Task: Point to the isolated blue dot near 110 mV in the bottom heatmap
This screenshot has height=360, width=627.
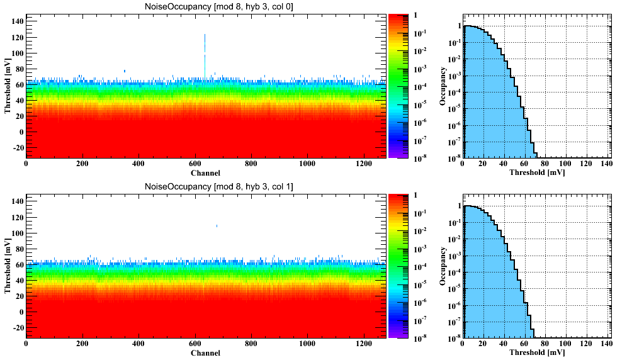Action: (x=217, y=225)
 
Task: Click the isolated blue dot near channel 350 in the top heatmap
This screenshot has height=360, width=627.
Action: (x=125, y=71)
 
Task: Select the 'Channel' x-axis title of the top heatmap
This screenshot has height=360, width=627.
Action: (x=205, y=173)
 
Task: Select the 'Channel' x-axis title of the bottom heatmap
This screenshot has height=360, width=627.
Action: (x=205, y=353)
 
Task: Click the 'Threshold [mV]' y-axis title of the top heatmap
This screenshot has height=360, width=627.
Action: (x=8, y=86)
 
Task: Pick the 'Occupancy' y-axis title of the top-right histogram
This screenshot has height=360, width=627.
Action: (x=444, y=86)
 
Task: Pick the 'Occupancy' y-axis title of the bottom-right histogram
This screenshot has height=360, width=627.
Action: (x=444, y=266)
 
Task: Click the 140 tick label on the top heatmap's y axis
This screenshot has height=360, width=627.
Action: (x=16, y=21)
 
